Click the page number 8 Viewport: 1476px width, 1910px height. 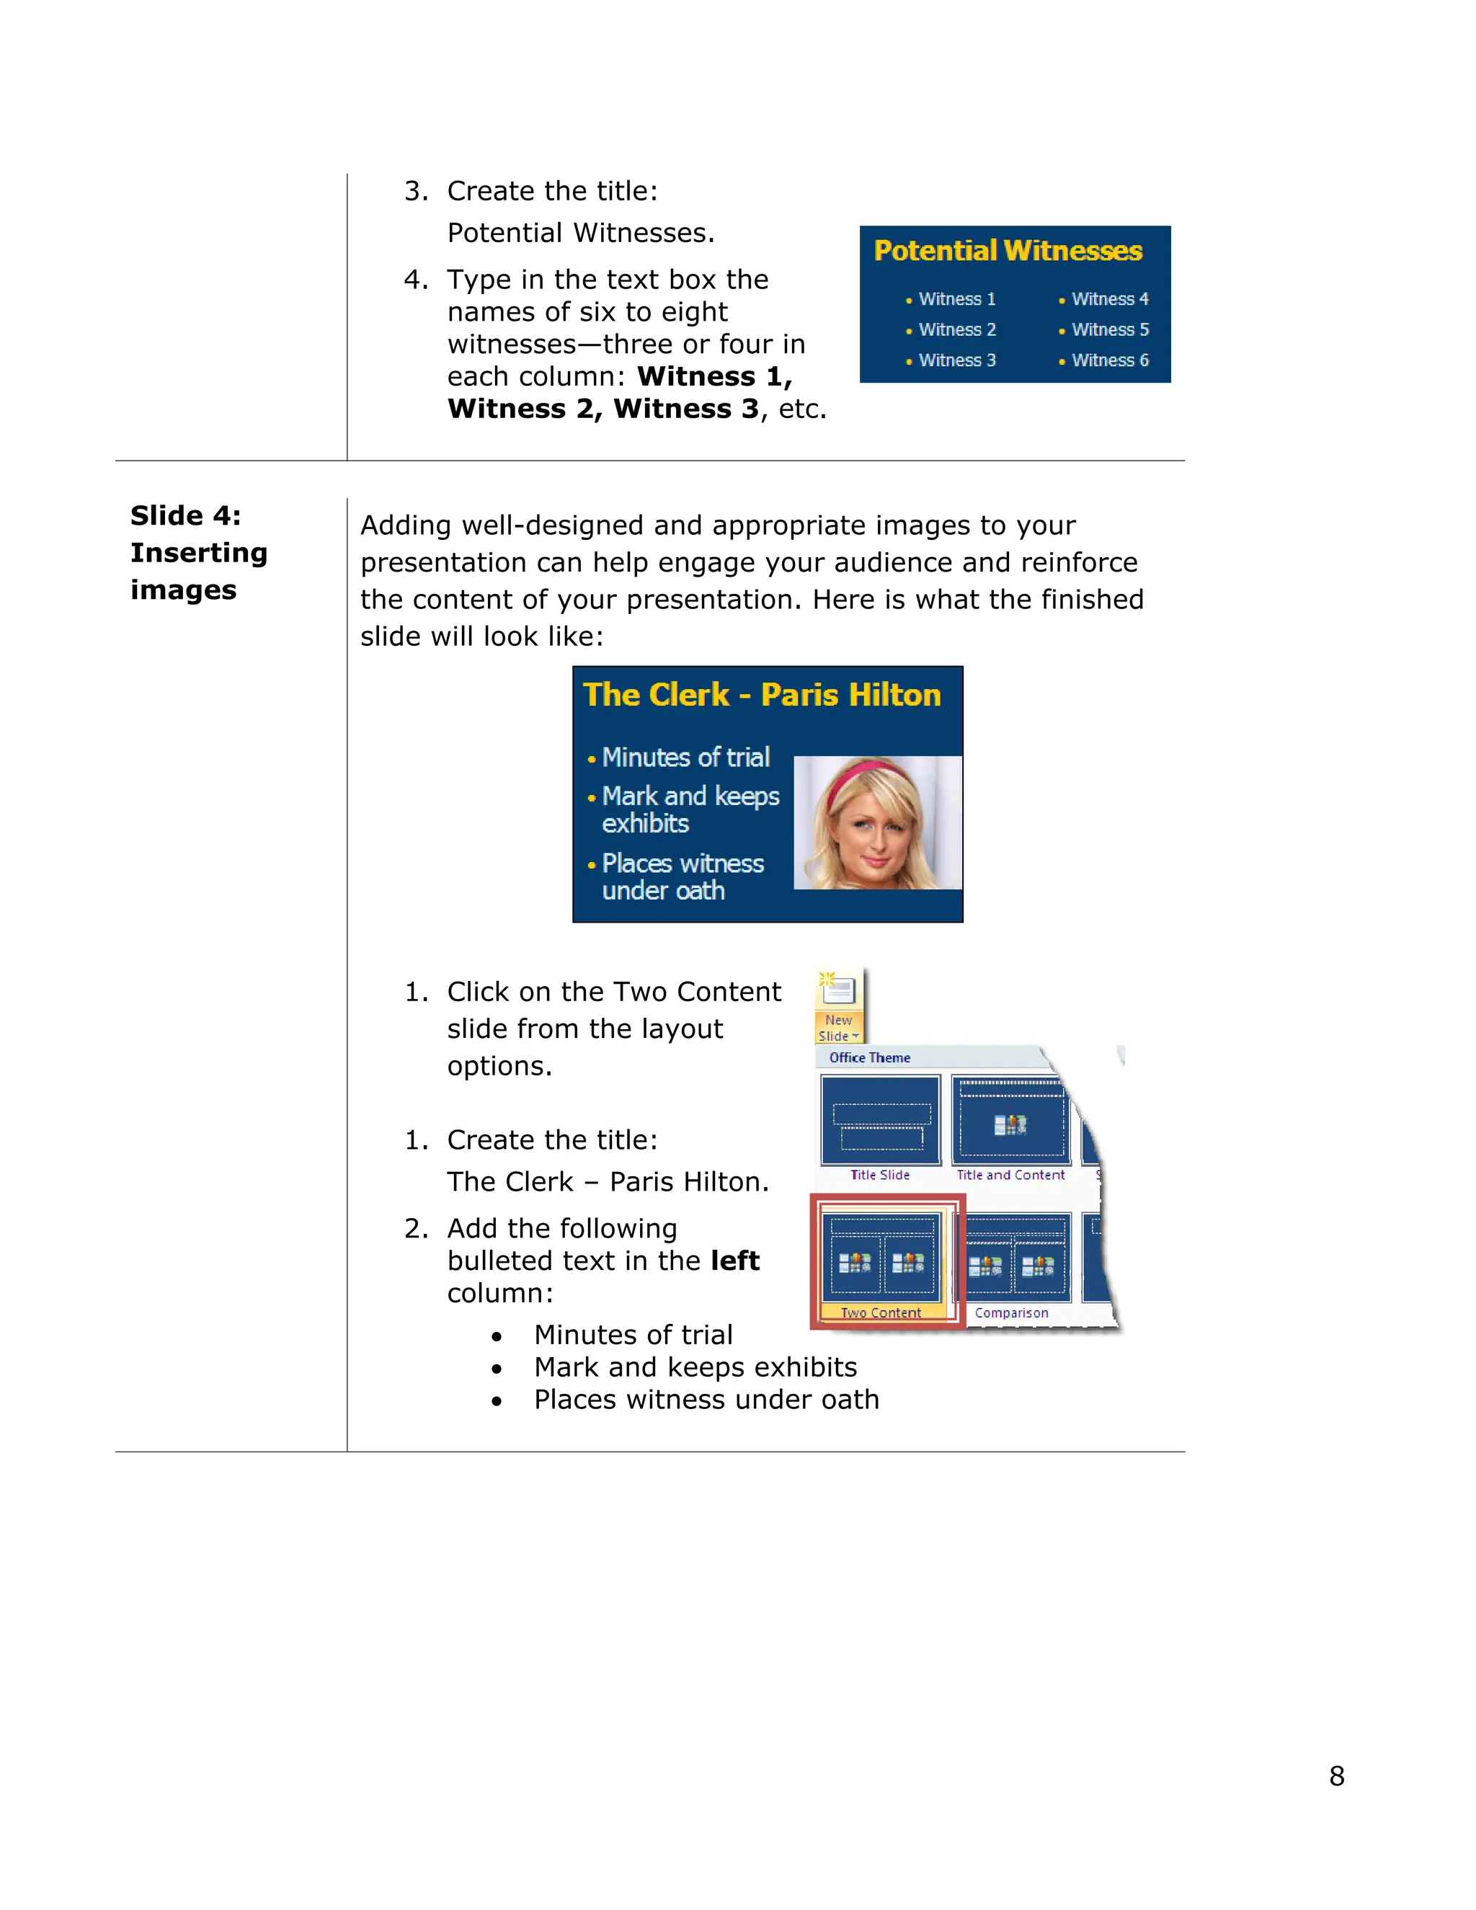(1336, 1775)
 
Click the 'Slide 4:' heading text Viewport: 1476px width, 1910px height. (185, 516)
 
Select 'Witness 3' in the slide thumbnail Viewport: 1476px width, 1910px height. (956, 360)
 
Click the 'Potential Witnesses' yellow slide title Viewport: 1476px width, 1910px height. (1008, 251)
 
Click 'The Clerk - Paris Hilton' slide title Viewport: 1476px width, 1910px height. (762, 696)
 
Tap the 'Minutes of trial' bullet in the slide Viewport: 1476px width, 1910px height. (685, 758)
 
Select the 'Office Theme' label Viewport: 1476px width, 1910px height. (869, 1057)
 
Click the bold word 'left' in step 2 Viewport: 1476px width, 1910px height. (734, 1261)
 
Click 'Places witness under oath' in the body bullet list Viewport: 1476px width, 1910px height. (706, 1400)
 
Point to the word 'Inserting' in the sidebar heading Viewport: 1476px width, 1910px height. (198, 554)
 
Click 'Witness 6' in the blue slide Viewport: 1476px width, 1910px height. (1110, 360)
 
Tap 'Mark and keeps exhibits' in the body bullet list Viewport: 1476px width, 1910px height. (695, 1368)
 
